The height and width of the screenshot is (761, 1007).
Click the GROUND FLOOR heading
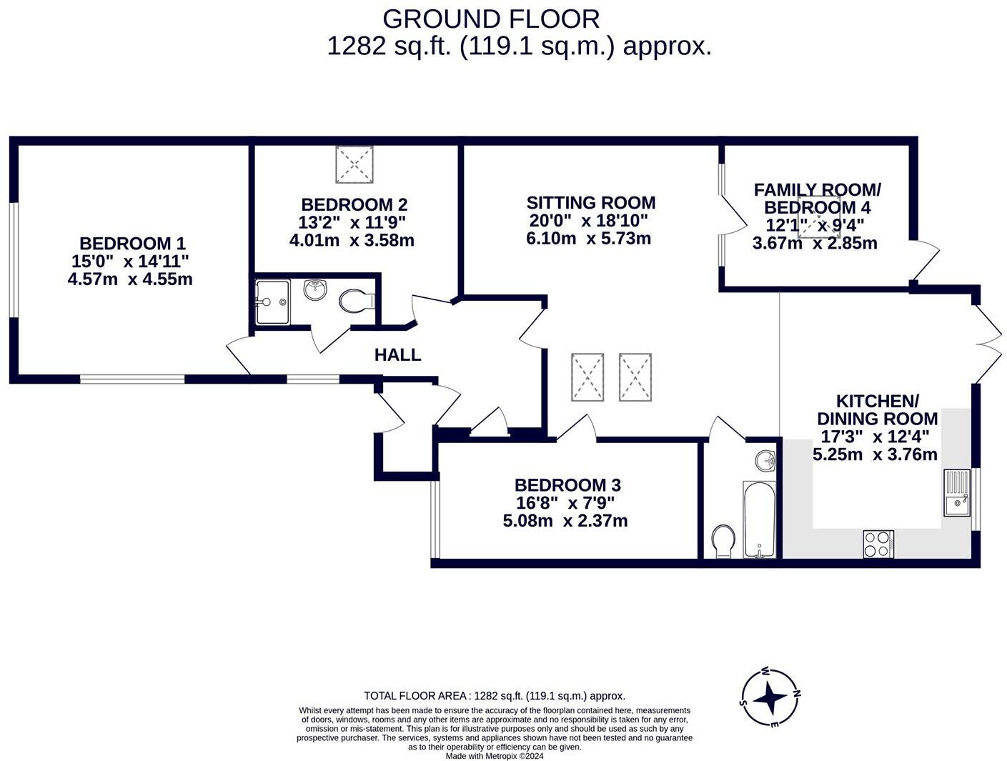click(x=491, y=19)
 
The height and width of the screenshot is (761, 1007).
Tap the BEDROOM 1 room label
click(x=132, y=244)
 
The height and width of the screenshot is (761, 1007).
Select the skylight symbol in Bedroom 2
click(x=354, y=164)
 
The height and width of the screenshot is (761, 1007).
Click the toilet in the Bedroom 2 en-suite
click(x=354, y=301)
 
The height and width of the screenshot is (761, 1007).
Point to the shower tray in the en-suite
click(x=272, y=302)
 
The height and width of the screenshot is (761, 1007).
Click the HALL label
click(x=397, y=355)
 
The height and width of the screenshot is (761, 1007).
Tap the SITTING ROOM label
click(x=590, y=203)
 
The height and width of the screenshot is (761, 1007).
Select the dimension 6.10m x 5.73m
click(x=588, y=239)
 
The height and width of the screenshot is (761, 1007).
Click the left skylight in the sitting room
click(x=587, y=377)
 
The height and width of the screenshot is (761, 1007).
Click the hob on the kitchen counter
click(x=878, y=544)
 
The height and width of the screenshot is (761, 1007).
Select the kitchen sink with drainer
click(x=956, y=492)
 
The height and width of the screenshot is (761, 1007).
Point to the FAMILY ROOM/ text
click(x=817, y=190)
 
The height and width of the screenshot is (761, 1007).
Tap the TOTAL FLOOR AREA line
click(x=495, y=695)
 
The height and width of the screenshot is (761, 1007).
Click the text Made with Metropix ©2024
click(x=495, y=755)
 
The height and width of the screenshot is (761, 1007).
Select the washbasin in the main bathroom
click(x=765, y=460)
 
